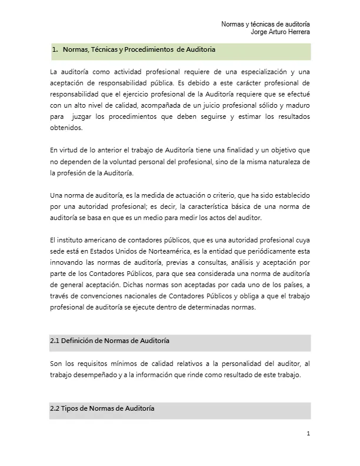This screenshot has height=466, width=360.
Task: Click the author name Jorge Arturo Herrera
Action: coord(281,32)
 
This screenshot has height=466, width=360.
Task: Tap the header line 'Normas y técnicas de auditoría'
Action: coord(266,24)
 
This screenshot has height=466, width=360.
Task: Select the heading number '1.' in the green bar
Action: coord(55,50)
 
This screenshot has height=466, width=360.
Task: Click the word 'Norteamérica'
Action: coord(161,250)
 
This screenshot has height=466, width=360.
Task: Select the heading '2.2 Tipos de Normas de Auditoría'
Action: coord(102,408)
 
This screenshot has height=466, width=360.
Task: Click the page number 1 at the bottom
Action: coord(308,434)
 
